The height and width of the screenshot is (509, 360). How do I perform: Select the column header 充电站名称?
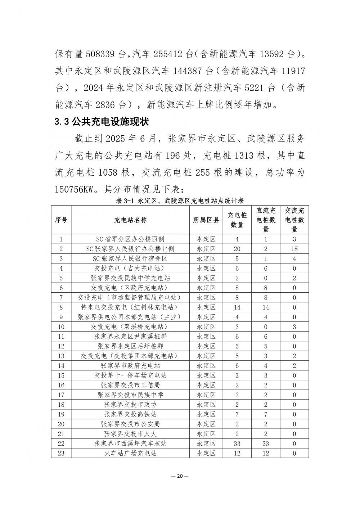pos(130,220)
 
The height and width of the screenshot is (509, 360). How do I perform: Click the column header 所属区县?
pos(206,220)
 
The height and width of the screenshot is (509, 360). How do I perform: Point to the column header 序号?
pos(61,220)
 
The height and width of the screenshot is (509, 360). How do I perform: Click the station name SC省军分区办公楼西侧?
pos(130,239)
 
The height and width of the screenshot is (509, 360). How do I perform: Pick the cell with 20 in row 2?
pos(237,249)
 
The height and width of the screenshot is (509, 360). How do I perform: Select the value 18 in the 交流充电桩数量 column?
pos(294,249)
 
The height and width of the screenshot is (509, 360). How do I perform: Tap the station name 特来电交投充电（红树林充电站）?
pos(130,307)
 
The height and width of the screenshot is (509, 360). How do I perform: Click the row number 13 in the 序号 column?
pos(61,356)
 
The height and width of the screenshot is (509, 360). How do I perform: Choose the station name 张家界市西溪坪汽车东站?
pos(130,443)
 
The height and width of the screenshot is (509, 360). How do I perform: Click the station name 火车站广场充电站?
pos(130,453)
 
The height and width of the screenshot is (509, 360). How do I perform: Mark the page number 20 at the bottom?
pos(180,476)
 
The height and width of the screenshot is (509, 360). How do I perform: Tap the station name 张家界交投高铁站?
pos(130,414)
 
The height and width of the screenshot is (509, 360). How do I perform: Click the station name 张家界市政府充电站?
pos(130,365)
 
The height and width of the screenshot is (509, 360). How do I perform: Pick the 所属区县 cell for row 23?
pos(206,453)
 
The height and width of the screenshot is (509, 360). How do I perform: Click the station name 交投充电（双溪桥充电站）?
pos(130,326)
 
